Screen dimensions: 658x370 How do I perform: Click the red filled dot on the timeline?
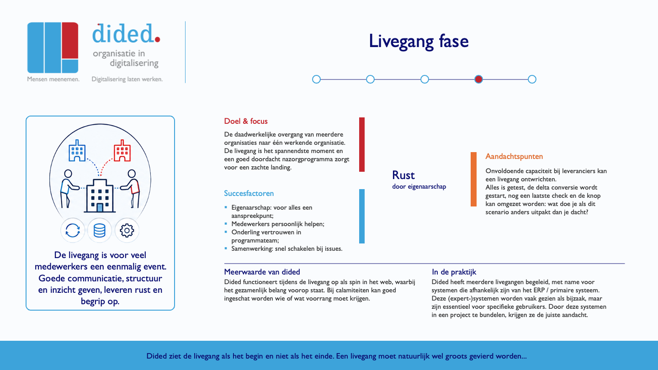478,79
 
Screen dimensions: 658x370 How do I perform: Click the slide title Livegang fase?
419,41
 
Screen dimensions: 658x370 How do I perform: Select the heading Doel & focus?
246,122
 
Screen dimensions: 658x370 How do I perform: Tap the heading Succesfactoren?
249,193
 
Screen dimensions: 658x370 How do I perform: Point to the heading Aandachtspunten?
514,157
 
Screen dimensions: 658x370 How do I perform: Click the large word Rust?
403,175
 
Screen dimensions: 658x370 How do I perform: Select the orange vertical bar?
473,179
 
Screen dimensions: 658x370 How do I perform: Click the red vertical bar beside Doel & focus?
362,144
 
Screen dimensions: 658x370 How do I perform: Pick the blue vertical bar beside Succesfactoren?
362,216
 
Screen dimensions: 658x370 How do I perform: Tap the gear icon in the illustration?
127,231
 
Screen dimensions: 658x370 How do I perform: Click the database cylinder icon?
100,231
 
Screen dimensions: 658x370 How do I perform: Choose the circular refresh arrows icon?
73,231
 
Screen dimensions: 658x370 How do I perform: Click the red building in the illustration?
122,150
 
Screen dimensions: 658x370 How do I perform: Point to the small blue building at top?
77,150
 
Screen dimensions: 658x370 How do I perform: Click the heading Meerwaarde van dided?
262,272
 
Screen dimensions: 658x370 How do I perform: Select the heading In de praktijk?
454,272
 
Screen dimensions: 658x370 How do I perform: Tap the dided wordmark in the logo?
126,34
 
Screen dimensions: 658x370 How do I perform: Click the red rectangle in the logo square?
70,40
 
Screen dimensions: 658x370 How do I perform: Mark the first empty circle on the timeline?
316,79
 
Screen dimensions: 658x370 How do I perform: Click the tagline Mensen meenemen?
53,79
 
